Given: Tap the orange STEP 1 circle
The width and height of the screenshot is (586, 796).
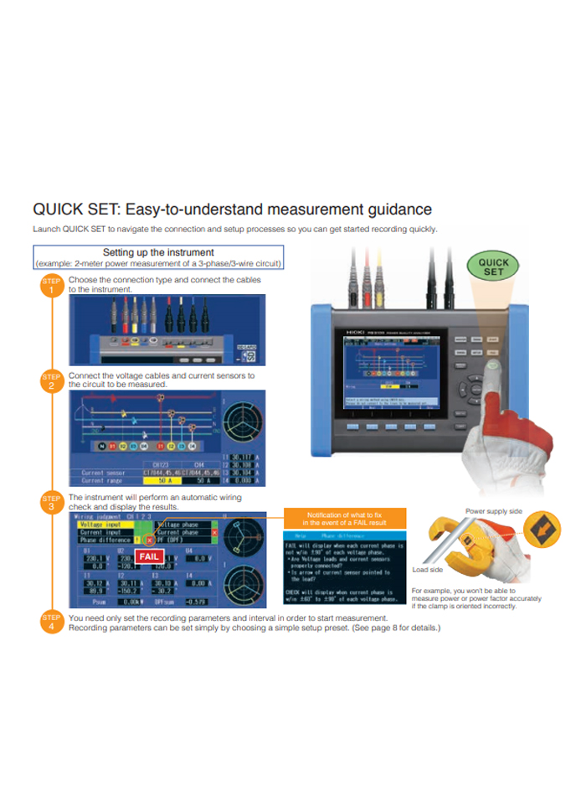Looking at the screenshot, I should click(52, 287).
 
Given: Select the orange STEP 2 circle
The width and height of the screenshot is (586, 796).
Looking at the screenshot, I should click(52, 382).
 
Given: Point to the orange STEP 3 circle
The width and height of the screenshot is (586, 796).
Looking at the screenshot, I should click(52, 504).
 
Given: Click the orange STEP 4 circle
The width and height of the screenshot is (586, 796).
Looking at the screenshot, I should click(52, 623).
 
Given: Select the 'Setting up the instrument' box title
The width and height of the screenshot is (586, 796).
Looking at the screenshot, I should click(158, 252).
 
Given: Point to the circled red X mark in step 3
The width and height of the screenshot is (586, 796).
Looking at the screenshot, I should click(150, 541).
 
